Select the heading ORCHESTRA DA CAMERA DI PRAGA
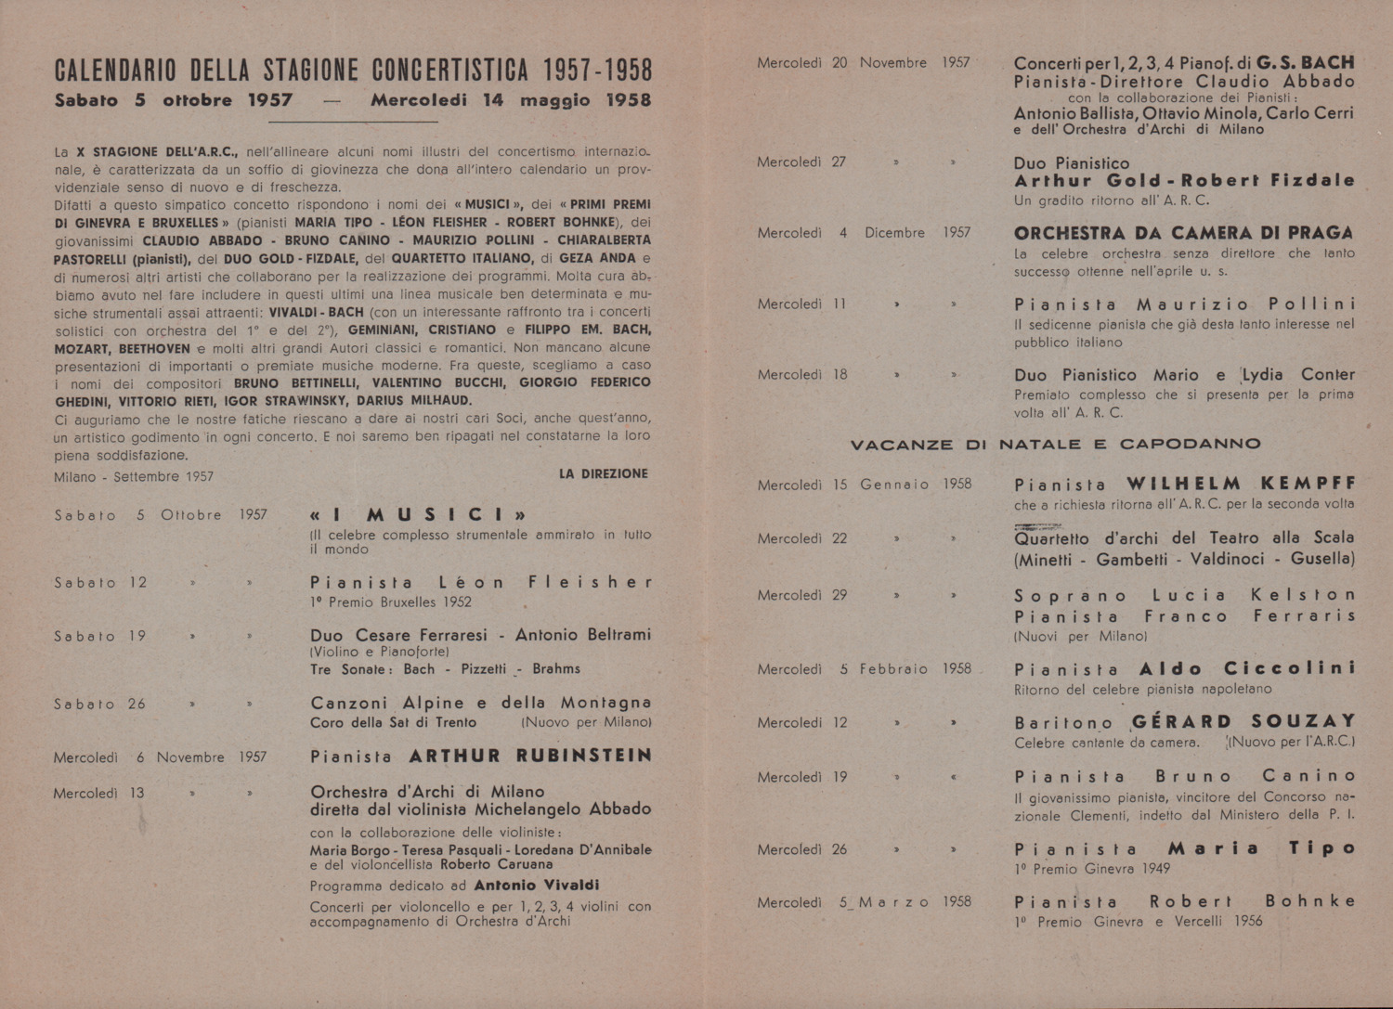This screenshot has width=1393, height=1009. point(1183,233)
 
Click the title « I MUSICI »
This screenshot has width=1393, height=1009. point(419,514)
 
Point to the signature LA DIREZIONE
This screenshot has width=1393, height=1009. point(603,473)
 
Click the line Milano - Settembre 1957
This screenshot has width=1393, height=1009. point(134,476)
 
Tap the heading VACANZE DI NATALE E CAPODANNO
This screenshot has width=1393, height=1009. point(1056,444)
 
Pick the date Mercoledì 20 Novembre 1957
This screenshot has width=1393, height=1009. point(863,63)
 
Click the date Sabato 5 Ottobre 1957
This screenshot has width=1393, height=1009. point(161,514)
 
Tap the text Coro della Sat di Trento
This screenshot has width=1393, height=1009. point(393,722)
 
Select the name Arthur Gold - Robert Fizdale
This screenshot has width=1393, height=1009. point(1184,180)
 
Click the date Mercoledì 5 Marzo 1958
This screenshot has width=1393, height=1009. point(863,901)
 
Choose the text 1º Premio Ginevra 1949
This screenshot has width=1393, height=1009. point(1091,869)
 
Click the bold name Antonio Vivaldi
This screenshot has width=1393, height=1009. point(536,885)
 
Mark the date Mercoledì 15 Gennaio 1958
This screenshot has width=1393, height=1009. point(863,484)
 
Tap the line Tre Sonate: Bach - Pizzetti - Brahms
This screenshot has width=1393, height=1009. point(445,668)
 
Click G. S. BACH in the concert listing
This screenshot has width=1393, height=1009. point(1305,63)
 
